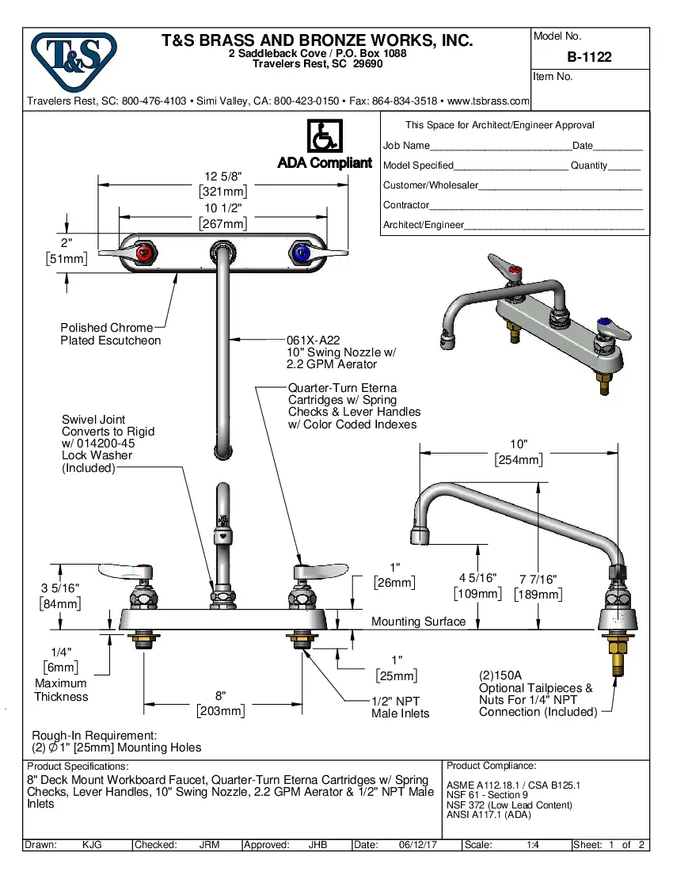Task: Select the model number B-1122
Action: (x=589, y=57)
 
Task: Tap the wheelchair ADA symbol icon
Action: (x=324, y=136)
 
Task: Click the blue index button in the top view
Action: (x=301, y=254)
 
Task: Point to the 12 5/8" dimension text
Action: (x=222, y=176)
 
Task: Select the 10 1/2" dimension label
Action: (x=222, y=208)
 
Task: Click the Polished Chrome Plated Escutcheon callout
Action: (x=110, y=334)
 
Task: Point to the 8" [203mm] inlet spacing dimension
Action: (x=221, y=703)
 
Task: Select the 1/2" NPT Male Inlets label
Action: (x=400, y=707)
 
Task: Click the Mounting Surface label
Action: (x=418, y=622)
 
